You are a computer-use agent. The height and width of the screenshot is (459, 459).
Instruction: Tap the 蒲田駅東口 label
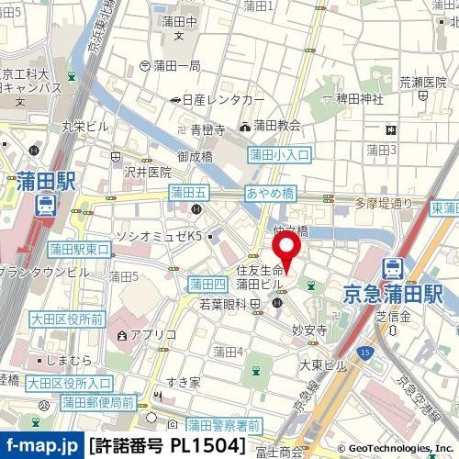pos(79,249)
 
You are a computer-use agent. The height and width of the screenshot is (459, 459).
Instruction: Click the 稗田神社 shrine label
pos(357,101)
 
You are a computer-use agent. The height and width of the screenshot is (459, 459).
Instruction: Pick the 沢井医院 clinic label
pos(147,172)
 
